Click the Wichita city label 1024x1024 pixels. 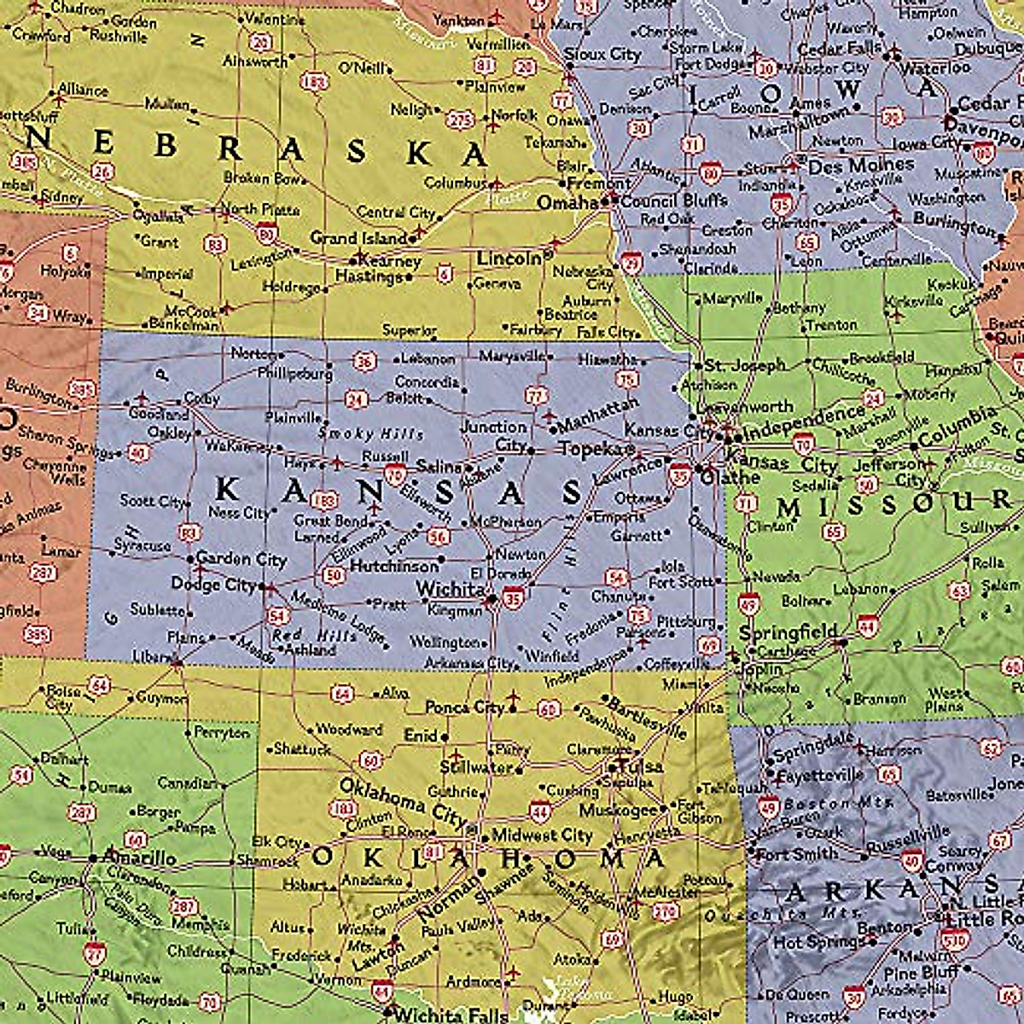tap(450, 590)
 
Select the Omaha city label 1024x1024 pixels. tap(567, 203)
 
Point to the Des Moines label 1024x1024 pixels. tap(849, 166)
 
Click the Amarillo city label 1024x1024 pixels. tap(139, 857)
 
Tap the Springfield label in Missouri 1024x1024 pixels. tap(788, 632)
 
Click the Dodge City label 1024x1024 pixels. tap(213, 585)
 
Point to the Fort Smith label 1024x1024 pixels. tap(798, 853)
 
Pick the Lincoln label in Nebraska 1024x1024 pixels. tap(509, 258)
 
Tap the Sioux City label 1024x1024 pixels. tap(602, 54)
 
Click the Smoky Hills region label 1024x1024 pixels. tap(370, 433)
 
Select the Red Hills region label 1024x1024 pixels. tap(302, 636)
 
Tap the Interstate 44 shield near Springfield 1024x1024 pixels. tap(868, 625)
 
